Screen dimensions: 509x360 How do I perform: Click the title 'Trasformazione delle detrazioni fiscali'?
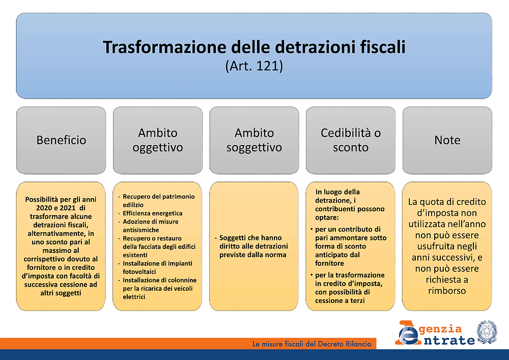point(254,47)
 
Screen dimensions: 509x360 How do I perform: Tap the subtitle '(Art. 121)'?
point(254,66)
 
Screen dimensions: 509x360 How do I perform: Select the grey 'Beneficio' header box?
point(61,140)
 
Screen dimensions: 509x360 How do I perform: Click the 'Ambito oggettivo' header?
point(158,140)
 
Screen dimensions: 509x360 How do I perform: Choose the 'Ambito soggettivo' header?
point(254,140)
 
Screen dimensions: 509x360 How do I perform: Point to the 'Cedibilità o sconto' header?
point(351,140)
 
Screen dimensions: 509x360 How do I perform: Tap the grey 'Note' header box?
point(447,140)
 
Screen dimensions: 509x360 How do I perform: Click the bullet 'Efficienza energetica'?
point(152,213)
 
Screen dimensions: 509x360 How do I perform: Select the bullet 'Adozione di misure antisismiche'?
point(150,226)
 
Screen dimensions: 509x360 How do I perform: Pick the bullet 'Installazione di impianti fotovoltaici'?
point(157,267)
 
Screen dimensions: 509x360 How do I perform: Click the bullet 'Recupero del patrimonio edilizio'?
point(158,201)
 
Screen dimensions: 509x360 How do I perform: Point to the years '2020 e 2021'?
point(55,208)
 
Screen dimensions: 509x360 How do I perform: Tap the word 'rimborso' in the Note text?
point(447,291)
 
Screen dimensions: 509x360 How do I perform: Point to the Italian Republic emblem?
point(487,332)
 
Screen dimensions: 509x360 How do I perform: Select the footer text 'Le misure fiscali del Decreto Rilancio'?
point(312,344)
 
